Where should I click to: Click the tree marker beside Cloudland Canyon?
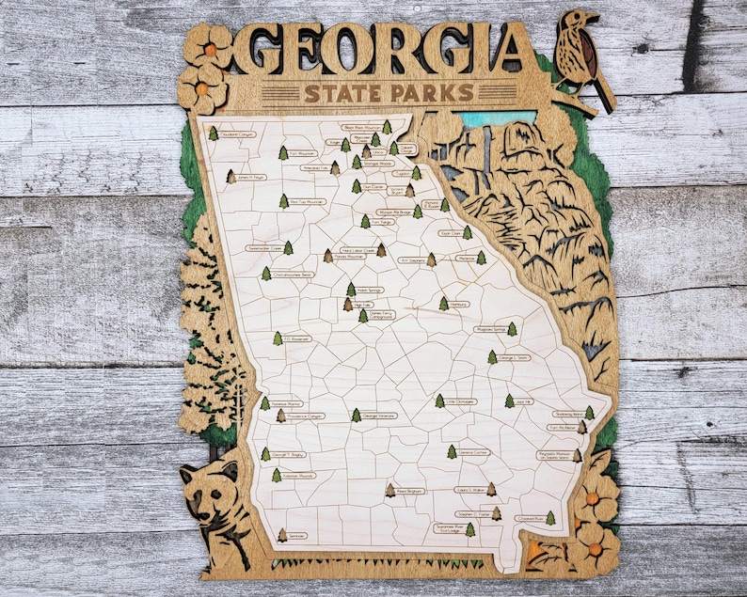point(214,134)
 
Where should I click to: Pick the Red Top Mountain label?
point(307,201)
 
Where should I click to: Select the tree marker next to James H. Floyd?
point(231,176)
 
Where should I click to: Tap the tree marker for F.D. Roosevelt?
point(278,338)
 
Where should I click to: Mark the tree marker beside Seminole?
point(281,535)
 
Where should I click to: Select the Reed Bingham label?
point(411,491)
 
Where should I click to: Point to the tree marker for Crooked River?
point(550,518)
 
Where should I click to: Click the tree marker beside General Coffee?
point(452,452)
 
